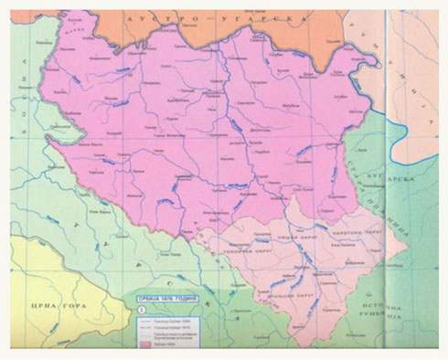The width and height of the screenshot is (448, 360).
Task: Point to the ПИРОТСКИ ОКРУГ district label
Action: (x=359, y=233)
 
